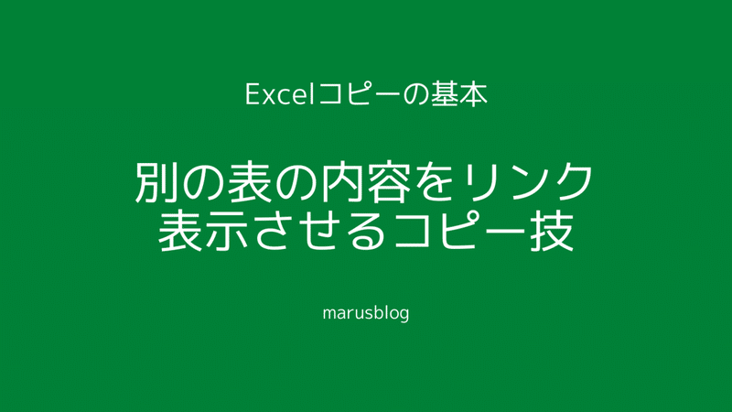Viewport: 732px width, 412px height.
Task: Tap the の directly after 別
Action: click(x=203, y=182)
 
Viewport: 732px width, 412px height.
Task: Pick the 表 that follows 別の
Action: click(x=249, y=181)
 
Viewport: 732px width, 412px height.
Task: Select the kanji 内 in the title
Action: click(x=339, y=181)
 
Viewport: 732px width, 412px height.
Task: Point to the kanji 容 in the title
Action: click(x=386, y=181)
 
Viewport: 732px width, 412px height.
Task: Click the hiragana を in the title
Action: click(x=431, y=182)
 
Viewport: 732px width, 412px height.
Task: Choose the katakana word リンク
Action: click(x=524, y=182)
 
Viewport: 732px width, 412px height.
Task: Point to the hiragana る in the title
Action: click(x=363, y=232)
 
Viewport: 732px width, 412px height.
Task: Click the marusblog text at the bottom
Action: click(x=366, y=313)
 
